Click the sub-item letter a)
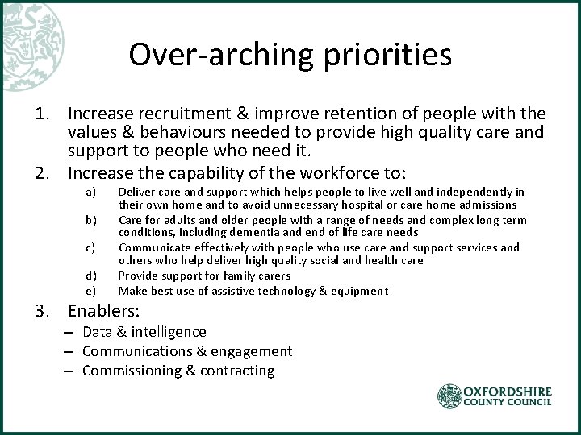pos(90,192)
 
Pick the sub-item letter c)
pos(90,247)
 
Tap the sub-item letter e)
pos(90,291)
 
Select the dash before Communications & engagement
pos(70,351)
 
